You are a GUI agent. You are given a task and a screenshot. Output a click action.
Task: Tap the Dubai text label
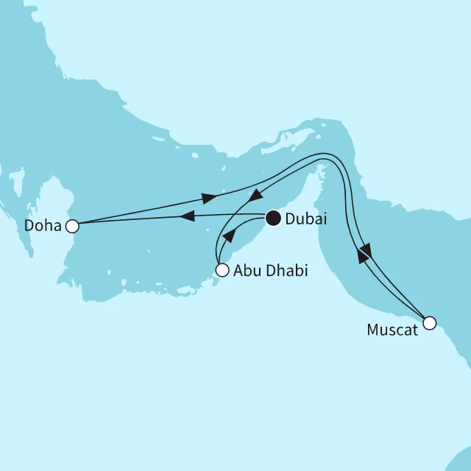pyautogui.click(x=306, y=219)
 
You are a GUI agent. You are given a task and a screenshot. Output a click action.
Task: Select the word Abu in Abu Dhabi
pyautogui.click(x=246, y=271)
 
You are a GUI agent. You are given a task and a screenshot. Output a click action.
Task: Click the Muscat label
pyautogui.click(x=392, y=330)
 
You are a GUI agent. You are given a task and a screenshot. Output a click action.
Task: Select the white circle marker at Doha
pyautogui.click(x=72, y=226)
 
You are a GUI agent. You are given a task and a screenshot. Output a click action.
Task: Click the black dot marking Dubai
pyautogui.click(x=273, y=217)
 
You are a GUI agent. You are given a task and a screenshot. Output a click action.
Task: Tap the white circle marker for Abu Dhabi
pyautogui.click(x=222, y=270)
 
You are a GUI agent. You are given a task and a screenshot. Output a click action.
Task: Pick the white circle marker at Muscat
pyautogui.click(x=429, y=322)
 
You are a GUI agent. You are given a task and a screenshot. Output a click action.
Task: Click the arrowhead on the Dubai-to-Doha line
pyautogui.click(x=187, y=216)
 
